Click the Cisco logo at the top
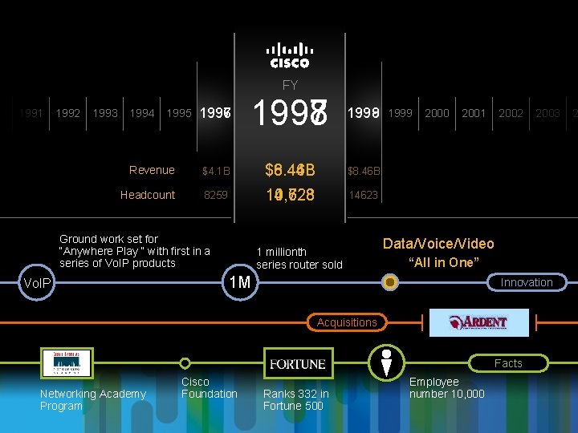(x=289, y=55)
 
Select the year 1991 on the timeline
(x=31, y=113)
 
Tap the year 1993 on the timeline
(x=104, y=113)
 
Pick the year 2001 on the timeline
(x=474, y=113)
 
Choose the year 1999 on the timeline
(x=401, y=113)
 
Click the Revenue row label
(x=152, y=170)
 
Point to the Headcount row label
(x=148, y=195)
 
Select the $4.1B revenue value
(x=216, y=171)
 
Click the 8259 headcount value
(x=216, y=195)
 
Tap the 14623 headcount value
(x=363, y=195)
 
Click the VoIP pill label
(x=38, y=283)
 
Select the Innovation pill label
(x=527, y=282)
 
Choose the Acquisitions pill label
(x=347, y=322)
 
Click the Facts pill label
(x=507, y=363)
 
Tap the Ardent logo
(x=479, y=322)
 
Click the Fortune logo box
(x=297, y=364)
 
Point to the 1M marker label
(x=239, y=282)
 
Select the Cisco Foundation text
(x=209, y=388)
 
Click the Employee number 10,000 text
(x=446, y=388)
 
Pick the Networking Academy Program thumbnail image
(x=67, y=363)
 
